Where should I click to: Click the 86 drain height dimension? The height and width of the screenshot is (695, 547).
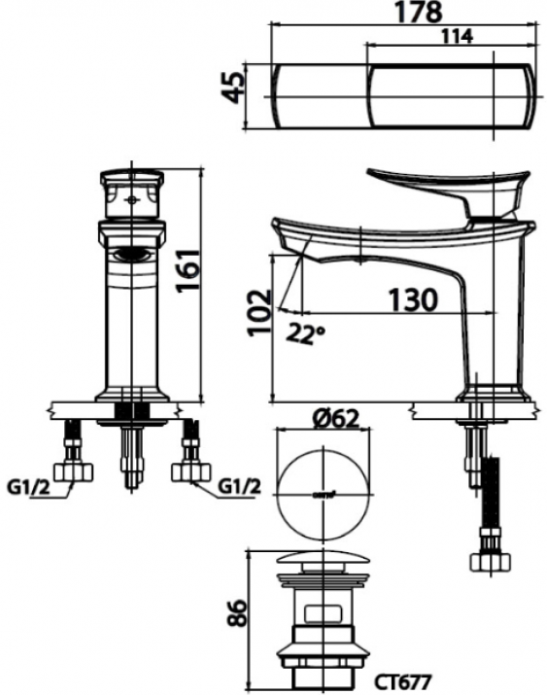(x=232, y=611)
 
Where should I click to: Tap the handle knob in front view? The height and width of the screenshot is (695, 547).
(x=131, y=194)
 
